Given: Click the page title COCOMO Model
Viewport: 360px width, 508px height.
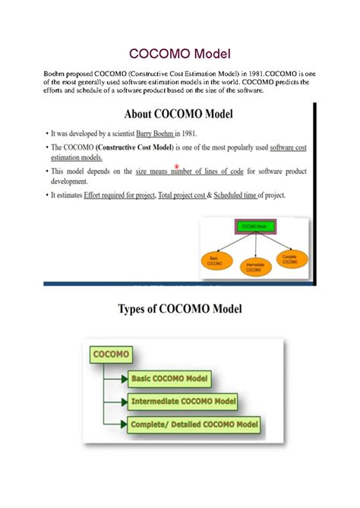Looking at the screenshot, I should point(179,54).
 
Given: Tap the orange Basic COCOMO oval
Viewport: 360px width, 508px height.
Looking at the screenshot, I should point(216,259).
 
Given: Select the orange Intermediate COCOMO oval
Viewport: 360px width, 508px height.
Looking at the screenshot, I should point(254,267).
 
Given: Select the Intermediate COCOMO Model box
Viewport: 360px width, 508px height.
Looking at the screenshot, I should point(183,401).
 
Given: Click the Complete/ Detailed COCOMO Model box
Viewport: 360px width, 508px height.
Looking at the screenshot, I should point(194,424).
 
